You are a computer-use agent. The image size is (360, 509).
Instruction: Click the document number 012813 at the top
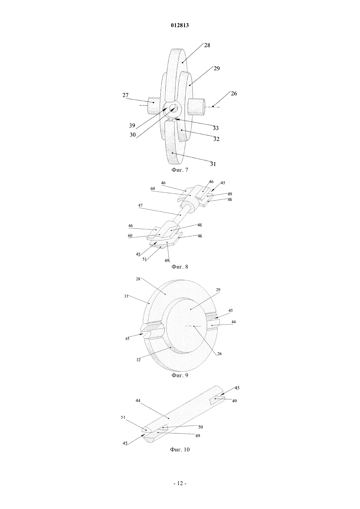point(180,26)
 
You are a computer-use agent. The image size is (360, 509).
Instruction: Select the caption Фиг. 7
point(180,170)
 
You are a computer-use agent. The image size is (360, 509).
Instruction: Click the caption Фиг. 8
point(180,267)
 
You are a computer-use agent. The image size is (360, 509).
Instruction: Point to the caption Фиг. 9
point(180,375)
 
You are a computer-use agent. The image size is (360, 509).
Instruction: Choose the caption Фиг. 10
point(180,449)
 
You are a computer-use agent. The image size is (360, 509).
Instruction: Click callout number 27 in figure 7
point(125,95)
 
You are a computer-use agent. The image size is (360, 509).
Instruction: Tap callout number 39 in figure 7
point(132,125)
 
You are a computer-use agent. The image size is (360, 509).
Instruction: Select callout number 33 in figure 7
point(216,128)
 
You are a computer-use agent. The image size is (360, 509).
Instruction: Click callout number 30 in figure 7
point(133,135)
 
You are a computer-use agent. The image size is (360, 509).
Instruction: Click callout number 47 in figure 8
point(140,205)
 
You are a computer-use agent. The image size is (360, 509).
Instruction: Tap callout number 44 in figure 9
point(234,322)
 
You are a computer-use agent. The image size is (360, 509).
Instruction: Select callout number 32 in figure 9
point(138,360)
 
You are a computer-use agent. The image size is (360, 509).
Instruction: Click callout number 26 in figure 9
point(220,354)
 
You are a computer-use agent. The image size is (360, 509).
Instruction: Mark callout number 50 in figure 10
point(200,427)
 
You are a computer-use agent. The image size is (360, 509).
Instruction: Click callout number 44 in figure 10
point(138,401)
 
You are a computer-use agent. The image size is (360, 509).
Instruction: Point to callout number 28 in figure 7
point(207,45)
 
